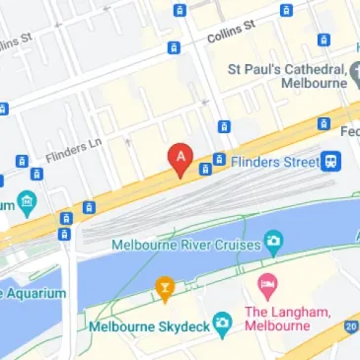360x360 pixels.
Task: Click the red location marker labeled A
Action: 180,158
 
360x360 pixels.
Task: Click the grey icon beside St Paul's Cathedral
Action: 359,71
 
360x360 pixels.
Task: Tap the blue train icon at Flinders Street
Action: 332,160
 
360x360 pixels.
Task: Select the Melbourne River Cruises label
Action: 184,244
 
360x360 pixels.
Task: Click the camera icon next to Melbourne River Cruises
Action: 273,241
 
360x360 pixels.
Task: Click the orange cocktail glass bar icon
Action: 164,289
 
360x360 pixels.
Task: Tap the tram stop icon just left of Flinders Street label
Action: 220,160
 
